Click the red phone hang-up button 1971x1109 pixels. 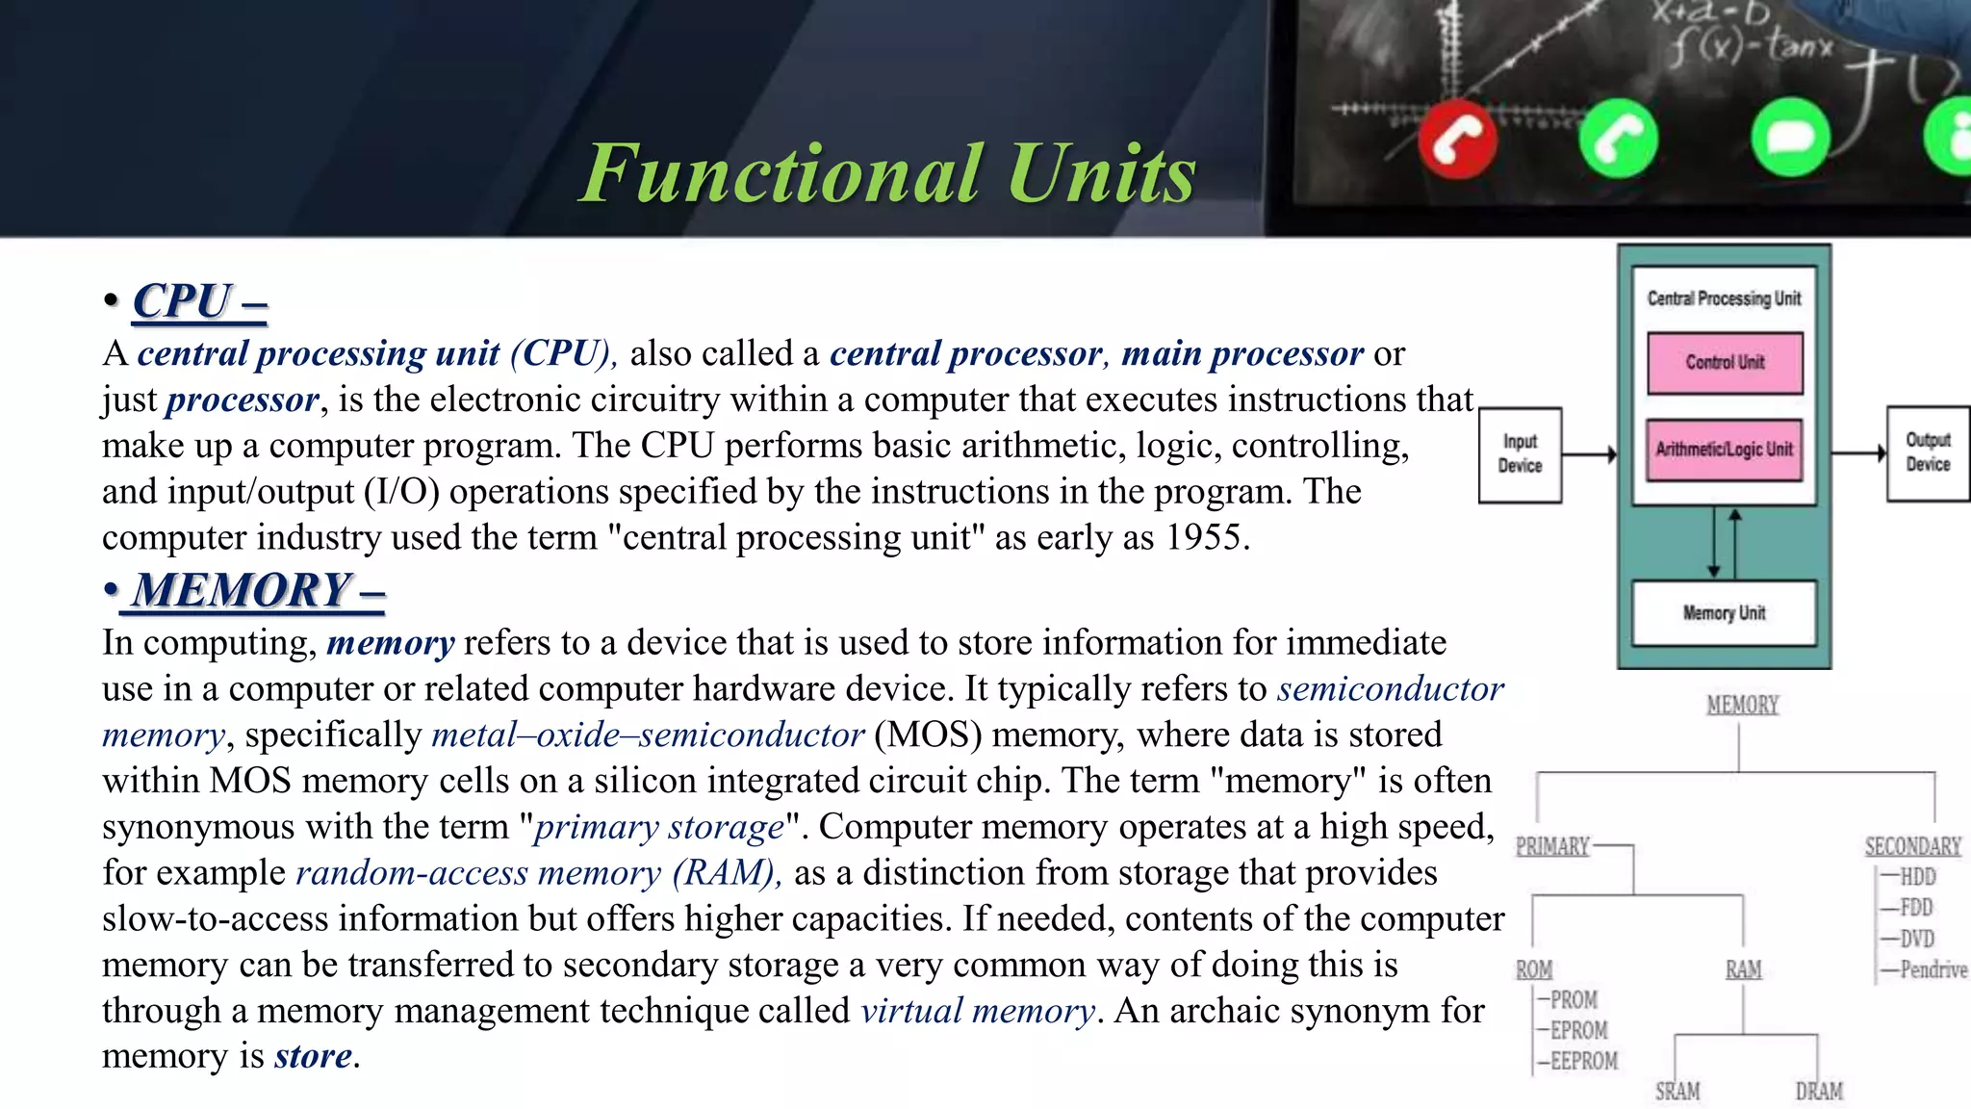point(1457,140)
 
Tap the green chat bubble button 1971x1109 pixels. point(1789,139)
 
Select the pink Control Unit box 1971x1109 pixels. point(1725,363)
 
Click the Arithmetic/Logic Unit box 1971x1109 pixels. point(1724,450)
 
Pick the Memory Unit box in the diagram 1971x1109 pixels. point(1724,613)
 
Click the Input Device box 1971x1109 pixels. point(1520,454)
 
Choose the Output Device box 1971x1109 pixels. point(1928,452)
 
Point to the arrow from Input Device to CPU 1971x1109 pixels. point(1589,454)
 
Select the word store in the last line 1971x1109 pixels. point(313,1056)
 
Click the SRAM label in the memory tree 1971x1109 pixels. point(1677,1092)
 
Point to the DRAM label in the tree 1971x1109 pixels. point(1819,1092)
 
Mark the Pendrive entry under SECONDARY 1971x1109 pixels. point(1933,969)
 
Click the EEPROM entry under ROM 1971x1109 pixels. point(1583,1061)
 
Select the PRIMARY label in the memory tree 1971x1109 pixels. point(1552,847)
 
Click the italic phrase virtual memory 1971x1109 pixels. point(977,1011)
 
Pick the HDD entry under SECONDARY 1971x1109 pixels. point(1917,877)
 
